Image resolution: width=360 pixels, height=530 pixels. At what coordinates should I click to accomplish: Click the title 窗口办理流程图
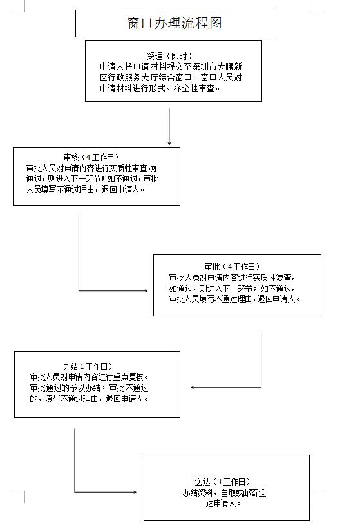pos(175,23)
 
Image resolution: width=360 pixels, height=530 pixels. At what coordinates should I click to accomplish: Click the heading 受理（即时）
pos(169,56)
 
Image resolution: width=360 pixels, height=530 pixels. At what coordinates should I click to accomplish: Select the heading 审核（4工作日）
pos(91,157)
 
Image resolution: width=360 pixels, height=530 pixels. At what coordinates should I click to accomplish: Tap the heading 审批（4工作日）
pos(232,267)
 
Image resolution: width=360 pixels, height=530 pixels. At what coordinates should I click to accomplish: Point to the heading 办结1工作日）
pos(88,366)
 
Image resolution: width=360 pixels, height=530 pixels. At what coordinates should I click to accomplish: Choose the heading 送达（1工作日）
pos(223,482)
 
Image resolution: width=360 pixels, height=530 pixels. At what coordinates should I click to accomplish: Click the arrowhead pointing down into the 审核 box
pos(169,144)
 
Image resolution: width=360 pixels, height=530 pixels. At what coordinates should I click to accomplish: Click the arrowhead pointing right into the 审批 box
pos(146,290)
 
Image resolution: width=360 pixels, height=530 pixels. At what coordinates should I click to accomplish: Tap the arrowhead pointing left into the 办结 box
pos(193,388)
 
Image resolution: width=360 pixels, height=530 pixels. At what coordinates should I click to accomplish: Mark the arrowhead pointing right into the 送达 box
pos(135,492)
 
